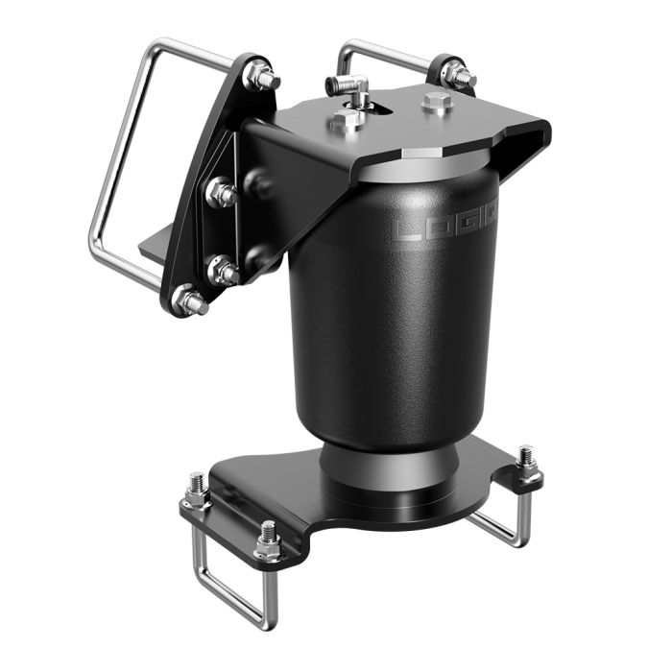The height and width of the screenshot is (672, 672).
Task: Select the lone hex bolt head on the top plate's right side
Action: coord(438,103)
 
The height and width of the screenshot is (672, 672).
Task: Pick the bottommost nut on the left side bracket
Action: coord(189,301)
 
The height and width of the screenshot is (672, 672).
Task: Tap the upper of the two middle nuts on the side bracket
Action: coord(221,193)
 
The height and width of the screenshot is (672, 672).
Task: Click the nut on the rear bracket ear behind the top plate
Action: coord(457,74)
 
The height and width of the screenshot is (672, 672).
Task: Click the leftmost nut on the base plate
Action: coord(197,492)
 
